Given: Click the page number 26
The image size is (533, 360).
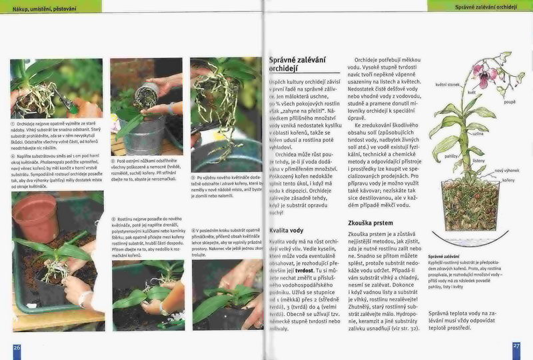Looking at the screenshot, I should [17, 347].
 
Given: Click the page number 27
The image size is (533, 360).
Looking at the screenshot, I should [516, 346].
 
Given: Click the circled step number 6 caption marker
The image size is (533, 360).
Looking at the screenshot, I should [194, 229].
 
